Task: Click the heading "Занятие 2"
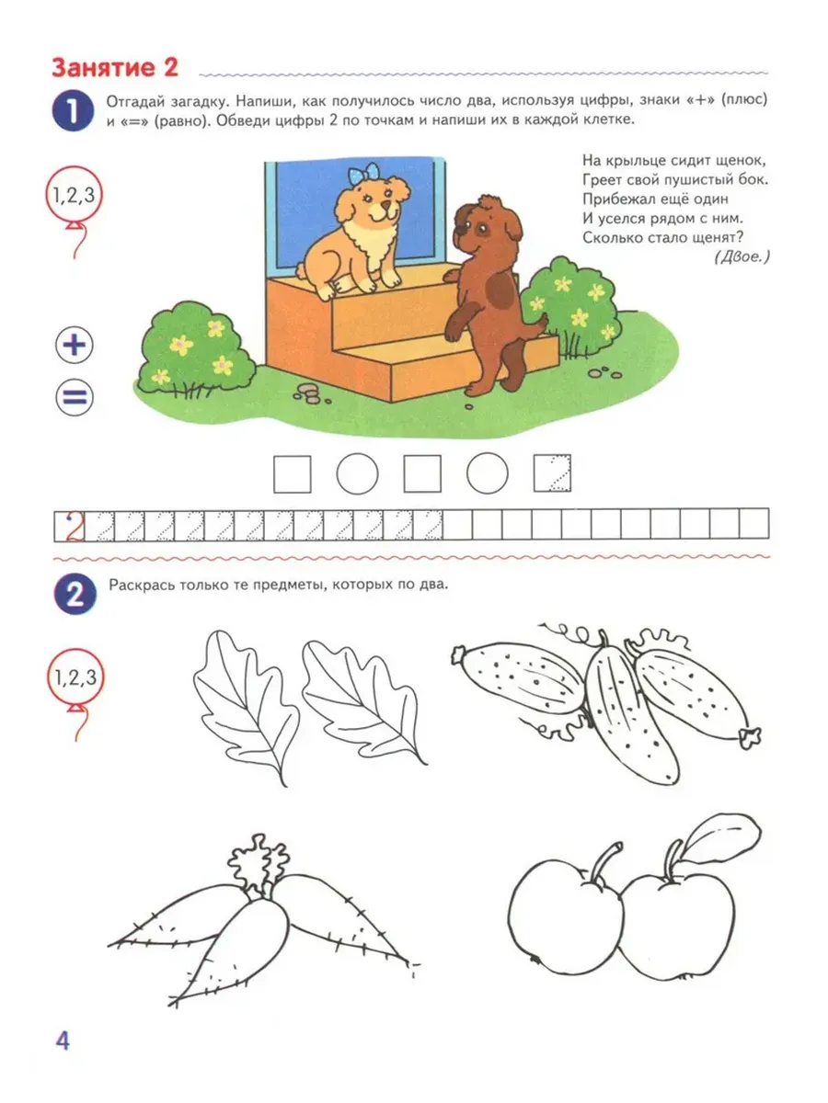[x=115, y=68]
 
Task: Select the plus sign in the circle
[x=75, y=346]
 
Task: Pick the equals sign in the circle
[x=75, y=397]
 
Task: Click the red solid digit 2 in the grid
[x=74, y=526]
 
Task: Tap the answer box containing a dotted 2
[x=552, y=474]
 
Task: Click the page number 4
[x=63, y=1040]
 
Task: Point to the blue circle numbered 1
[x=73, y=110]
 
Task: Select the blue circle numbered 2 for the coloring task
[x=75, y=594]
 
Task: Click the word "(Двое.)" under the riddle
[x=741, y=256]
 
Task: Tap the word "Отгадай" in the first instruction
[x=133, y=102]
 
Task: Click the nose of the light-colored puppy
[x=385, y=205]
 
